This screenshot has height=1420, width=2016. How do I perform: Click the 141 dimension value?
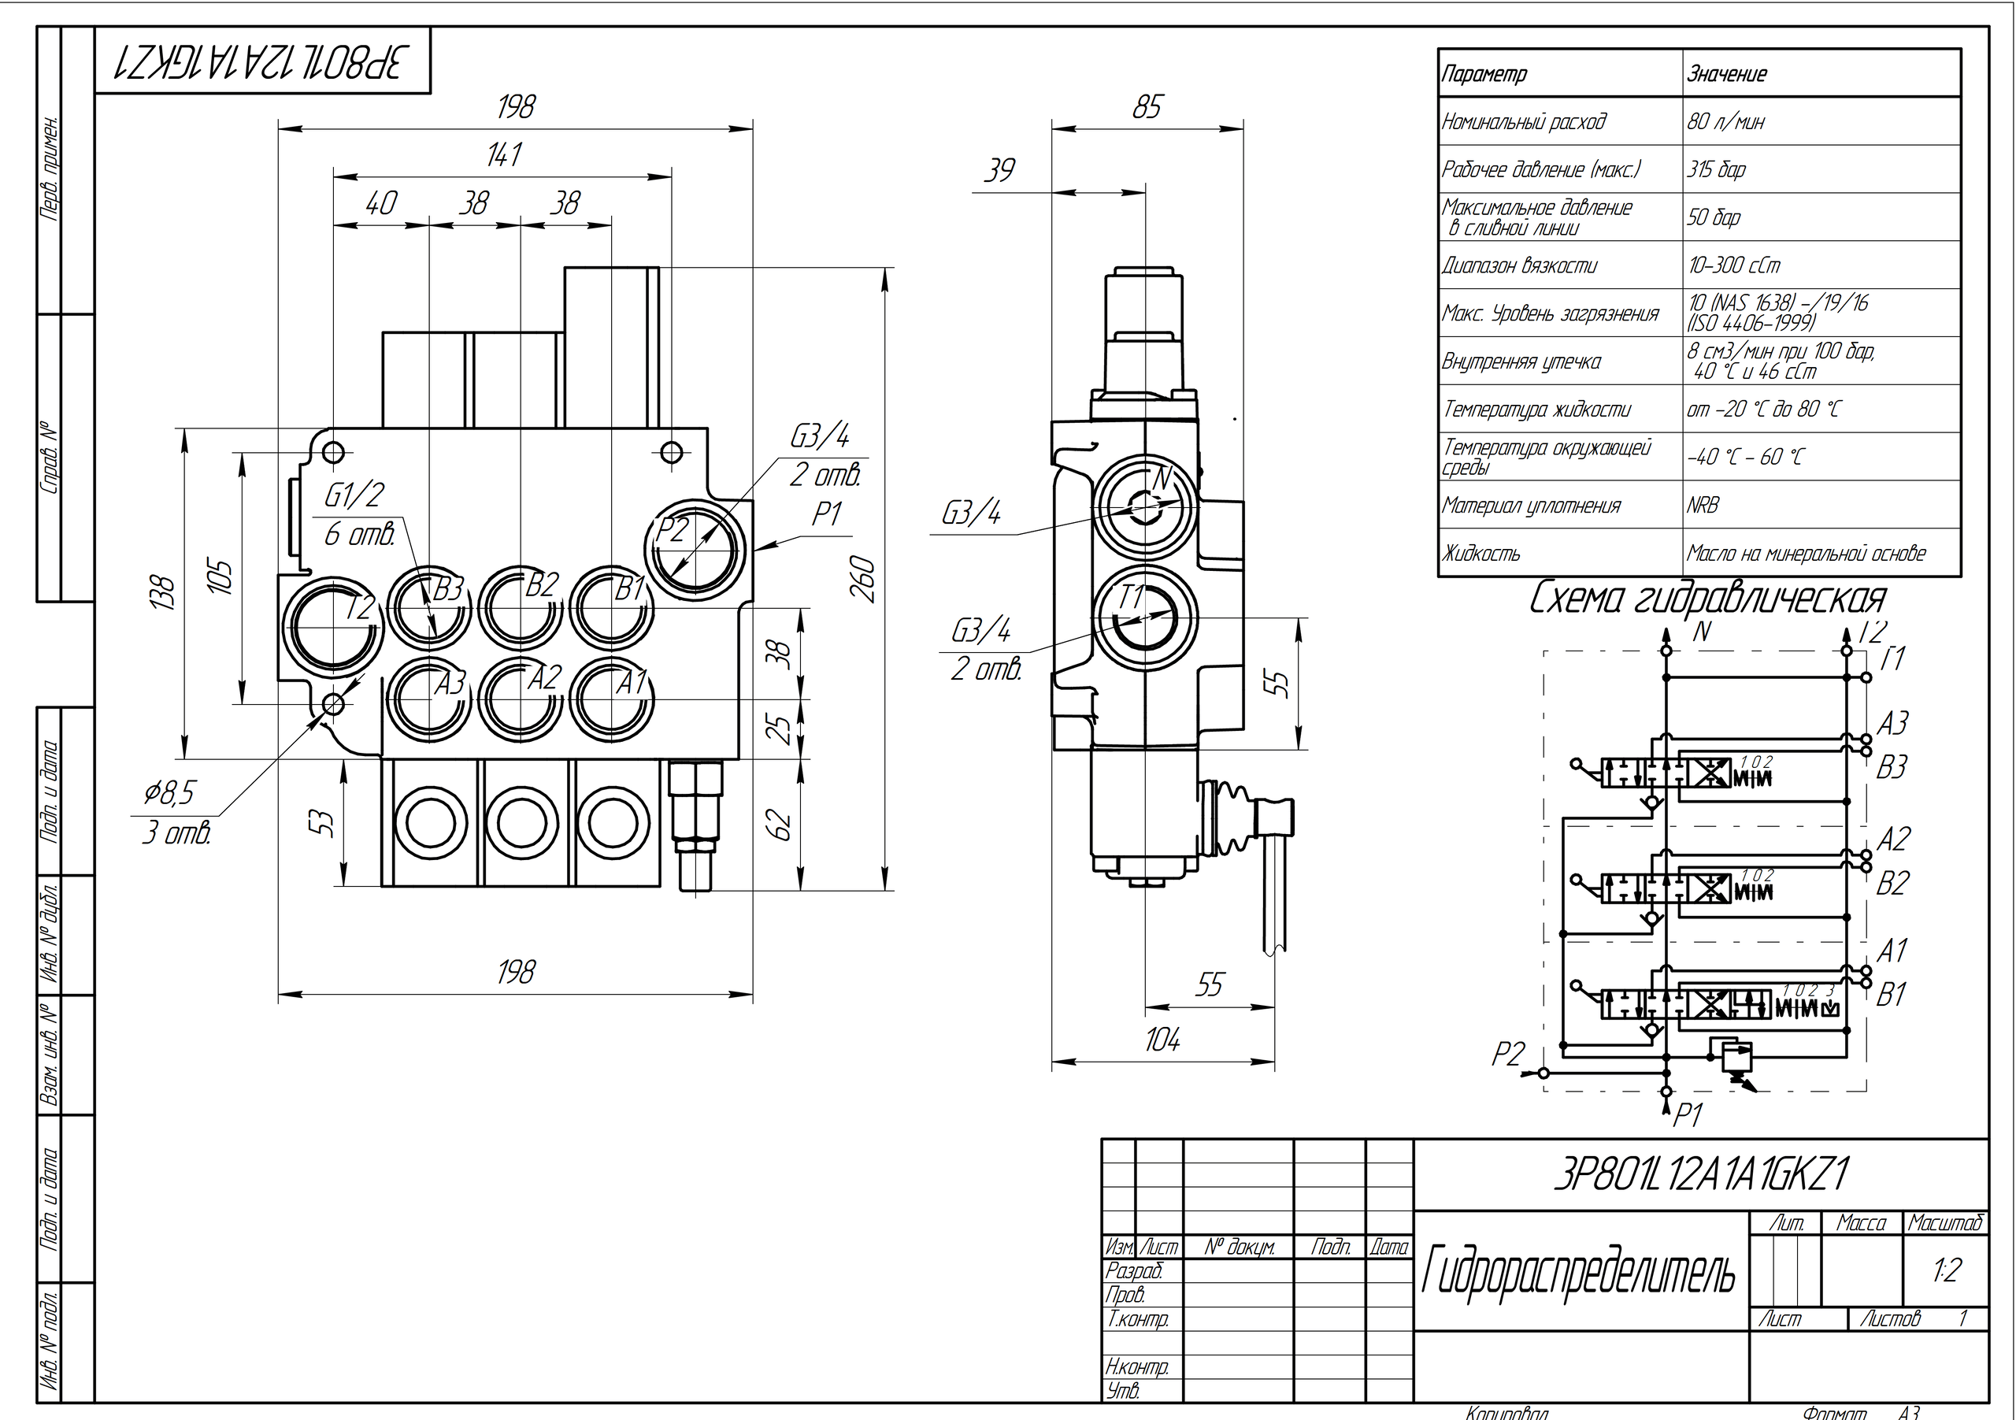tap(504, 154)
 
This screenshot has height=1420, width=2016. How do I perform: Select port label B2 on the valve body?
tap(541, 586)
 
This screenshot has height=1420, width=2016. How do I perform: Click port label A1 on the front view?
tap(631, 681)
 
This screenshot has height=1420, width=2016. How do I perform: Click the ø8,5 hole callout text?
tap(169, 793)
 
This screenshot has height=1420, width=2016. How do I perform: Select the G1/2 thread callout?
tap(354, 496)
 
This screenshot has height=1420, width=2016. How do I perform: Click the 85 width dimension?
tap(1147, 107)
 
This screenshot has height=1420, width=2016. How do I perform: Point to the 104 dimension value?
tap(1162, 1040)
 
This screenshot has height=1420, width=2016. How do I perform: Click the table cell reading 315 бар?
tap(1717, 169)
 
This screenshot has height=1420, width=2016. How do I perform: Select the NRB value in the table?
tap(1703, 505)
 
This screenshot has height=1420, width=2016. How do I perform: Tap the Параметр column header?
tap(1484, 75)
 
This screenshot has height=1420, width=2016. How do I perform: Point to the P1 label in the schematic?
tap(1688, 1115)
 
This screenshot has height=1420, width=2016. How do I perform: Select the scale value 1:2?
tap(1947, 1270)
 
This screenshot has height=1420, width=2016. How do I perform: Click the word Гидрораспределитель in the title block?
tap(1578, 1273)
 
